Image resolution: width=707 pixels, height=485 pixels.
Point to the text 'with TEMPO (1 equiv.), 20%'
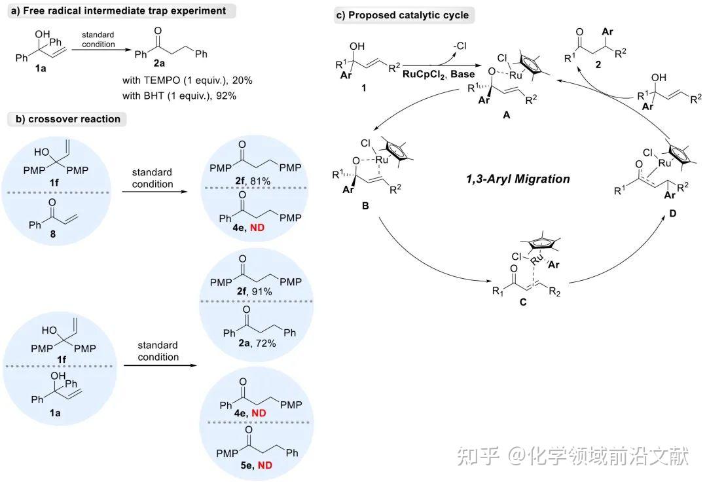point(187,79)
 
